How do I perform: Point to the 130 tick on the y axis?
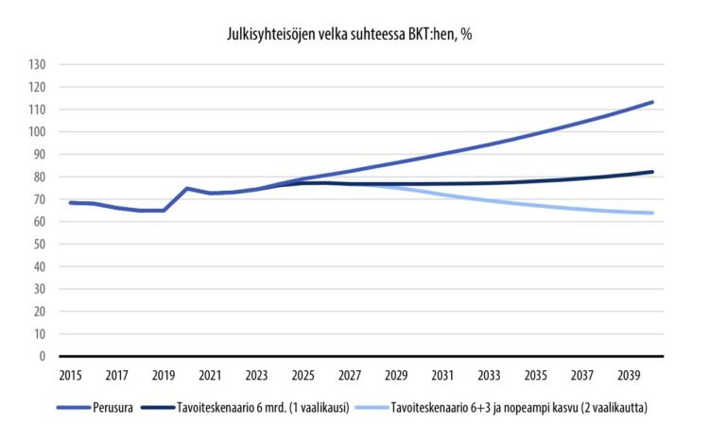[x=38, y=64]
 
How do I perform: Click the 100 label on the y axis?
[x=38, y=131]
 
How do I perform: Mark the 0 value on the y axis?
[x=43, y=356]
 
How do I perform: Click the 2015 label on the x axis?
[x=70, y=375]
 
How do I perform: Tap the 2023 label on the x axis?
[x=256, y=375]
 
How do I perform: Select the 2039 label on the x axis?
[x=630, y=375]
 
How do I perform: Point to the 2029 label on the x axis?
[x=396, y=375]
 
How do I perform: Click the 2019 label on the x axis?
[x=163, y=375]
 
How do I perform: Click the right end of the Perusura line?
[x=652, y=102]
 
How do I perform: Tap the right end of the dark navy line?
[x=652, y=172]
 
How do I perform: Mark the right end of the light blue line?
[x=652, y=212]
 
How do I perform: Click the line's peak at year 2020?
[x=186, y=188]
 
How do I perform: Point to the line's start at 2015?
[x=70, y=202]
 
